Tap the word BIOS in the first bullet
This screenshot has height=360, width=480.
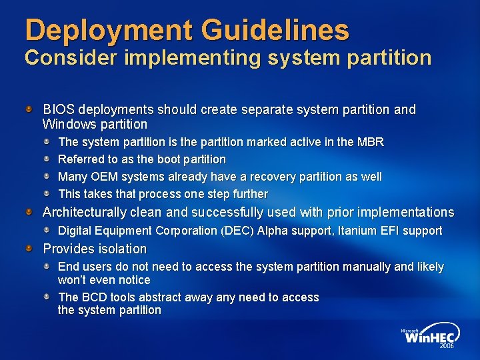point(57,109)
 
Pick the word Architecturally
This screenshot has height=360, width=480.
point(85,213)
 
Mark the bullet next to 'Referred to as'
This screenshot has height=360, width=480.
point(48,159)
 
